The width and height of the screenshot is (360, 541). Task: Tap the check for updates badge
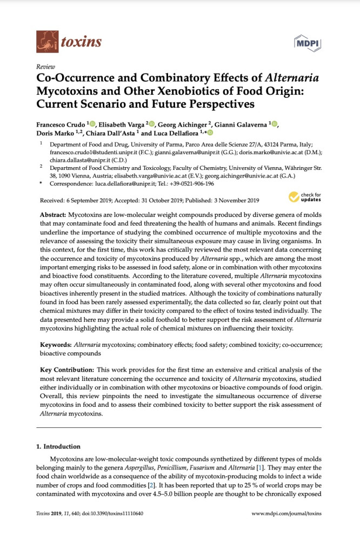click(x=306, y=197)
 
